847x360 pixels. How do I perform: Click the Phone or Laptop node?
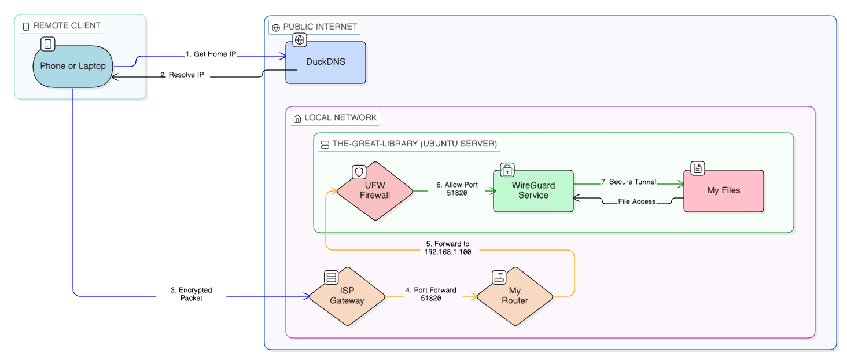[x=73, y=67]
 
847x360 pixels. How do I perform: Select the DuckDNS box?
[x=326, y=63]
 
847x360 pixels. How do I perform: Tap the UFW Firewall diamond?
[x=375, y=190]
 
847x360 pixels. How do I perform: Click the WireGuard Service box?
[x=533, y=190]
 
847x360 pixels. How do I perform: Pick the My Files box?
[x=723, y=190]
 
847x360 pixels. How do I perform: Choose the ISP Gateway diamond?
[x=347, y=296]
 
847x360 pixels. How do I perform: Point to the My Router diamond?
[x=514, y=296]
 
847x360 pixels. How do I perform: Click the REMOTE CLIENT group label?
[x=61, y=26]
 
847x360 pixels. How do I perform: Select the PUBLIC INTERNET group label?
[x=314, y=27]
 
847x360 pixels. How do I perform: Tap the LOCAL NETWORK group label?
[x=335, y=118]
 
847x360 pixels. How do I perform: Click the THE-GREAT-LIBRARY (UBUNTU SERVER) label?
[x=408, y=144]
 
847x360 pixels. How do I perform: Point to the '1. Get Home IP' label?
[x=211, y=54]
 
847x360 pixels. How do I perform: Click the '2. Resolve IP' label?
[x=182, y=75]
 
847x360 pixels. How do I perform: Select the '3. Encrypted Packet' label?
[x=191, y=294]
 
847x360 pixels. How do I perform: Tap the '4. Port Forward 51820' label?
[x=430, y=294]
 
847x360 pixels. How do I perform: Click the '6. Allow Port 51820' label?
[x=456, y=189]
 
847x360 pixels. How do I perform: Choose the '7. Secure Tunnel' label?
[x=628, y=182]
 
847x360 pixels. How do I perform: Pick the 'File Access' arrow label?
[x=636, y=201]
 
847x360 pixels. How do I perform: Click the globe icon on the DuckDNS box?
[x=300, y=40]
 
